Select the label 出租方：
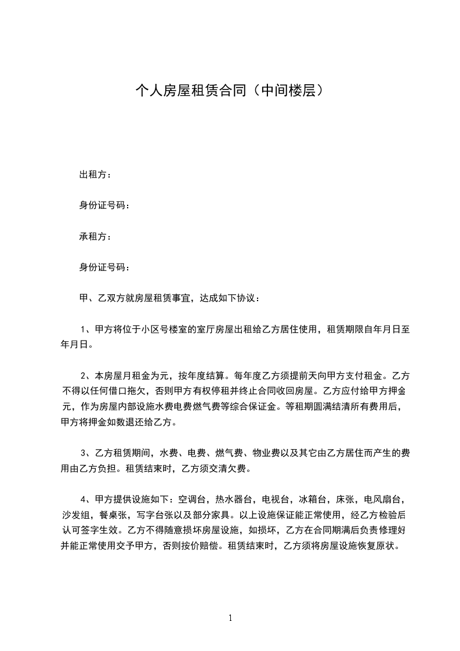tap(96, 174)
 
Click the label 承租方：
tap(96, 237)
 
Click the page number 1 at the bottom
tap(230, 618)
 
